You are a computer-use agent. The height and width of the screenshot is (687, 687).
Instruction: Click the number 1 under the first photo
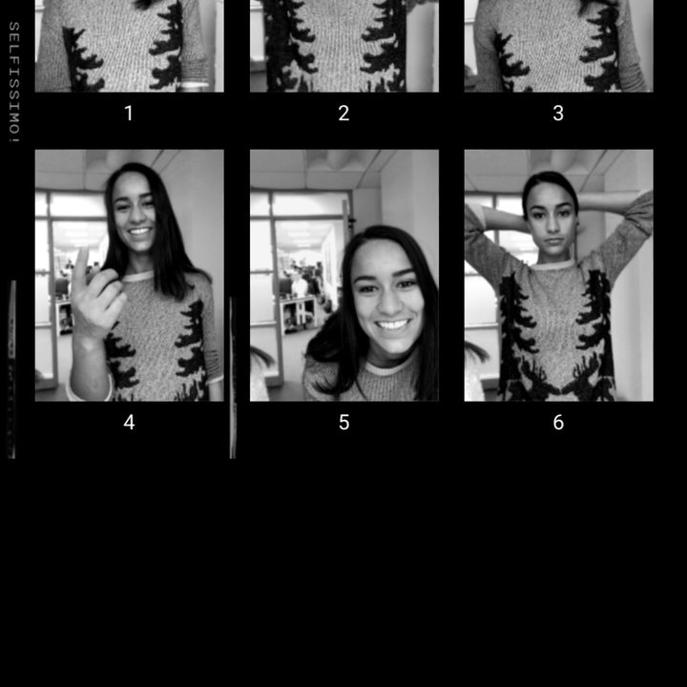coord(129,113)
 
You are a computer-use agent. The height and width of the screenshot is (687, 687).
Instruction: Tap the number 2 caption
coord(343,113)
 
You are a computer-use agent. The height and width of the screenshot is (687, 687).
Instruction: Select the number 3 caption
coord(558,113)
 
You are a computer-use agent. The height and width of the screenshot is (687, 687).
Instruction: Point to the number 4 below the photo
coord(129,422)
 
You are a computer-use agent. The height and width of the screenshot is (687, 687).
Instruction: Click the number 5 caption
coord(343,422)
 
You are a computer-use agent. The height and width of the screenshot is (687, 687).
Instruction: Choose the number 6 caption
coord(558,422)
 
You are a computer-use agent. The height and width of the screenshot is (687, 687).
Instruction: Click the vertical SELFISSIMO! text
coord(14,82)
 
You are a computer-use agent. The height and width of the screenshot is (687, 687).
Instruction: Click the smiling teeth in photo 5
coord(392,324)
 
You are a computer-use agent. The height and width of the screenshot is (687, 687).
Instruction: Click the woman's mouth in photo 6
coord(554,241)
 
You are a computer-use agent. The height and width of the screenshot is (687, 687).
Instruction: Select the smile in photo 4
coord(139,231)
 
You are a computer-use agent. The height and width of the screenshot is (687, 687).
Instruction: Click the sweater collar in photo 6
coord(552,264)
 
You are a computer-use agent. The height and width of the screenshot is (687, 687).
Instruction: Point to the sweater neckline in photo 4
coord(138,277)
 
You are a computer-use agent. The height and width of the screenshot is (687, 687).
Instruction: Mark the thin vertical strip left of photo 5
coord(233,378)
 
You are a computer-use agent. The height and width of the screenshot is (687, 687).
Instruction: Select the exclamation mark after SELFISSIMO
coord(14,139)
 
